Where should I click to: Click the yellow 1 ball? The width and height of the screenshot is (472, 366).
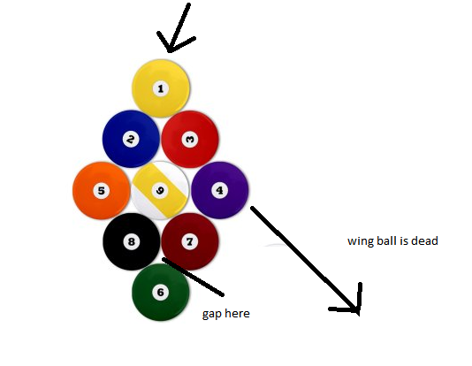[x=161, y=88]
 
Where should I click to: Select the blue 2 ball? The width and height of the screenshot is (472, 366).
[x=131, y=139]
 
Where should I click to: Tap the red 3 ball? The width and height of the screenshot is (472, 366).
[x=190, y=139]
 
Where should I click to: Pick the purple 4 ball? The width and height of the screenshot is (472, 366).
[x=220, y=190]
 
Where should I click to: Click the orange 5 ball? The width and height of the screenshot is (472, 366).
[x=102, y=191]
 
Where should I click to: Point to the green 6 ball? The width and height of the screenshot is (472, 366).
[x=161, y=292]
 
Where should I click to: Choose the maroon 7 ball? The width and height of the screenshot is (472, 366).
[x=190, y=241]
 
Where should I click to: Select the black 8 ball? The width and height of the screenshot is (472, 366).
[x=132, y=241]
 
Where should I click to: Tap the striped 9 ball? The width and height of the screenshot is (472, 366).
[x=160, y=190]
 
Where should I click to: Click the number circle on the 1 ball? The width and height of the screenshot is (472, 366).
[x=161, y=88]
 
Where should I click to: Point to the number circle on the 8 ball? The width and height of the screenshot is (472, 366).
[x=132, y=241]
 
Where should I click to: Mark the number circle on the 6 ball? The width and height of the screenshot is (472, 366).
[x=161, y=292]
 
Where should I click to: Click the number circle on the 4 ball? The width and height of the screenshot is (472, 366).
[x=220, y=190]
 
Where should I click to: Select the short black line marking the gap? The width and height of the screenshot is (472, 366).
[x=193, y=277]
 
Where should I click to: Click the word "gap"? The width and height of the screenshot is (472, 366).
[x=212, y=314]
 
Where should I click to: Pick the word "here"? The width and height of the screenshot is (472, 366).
[x=238, y=313]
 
